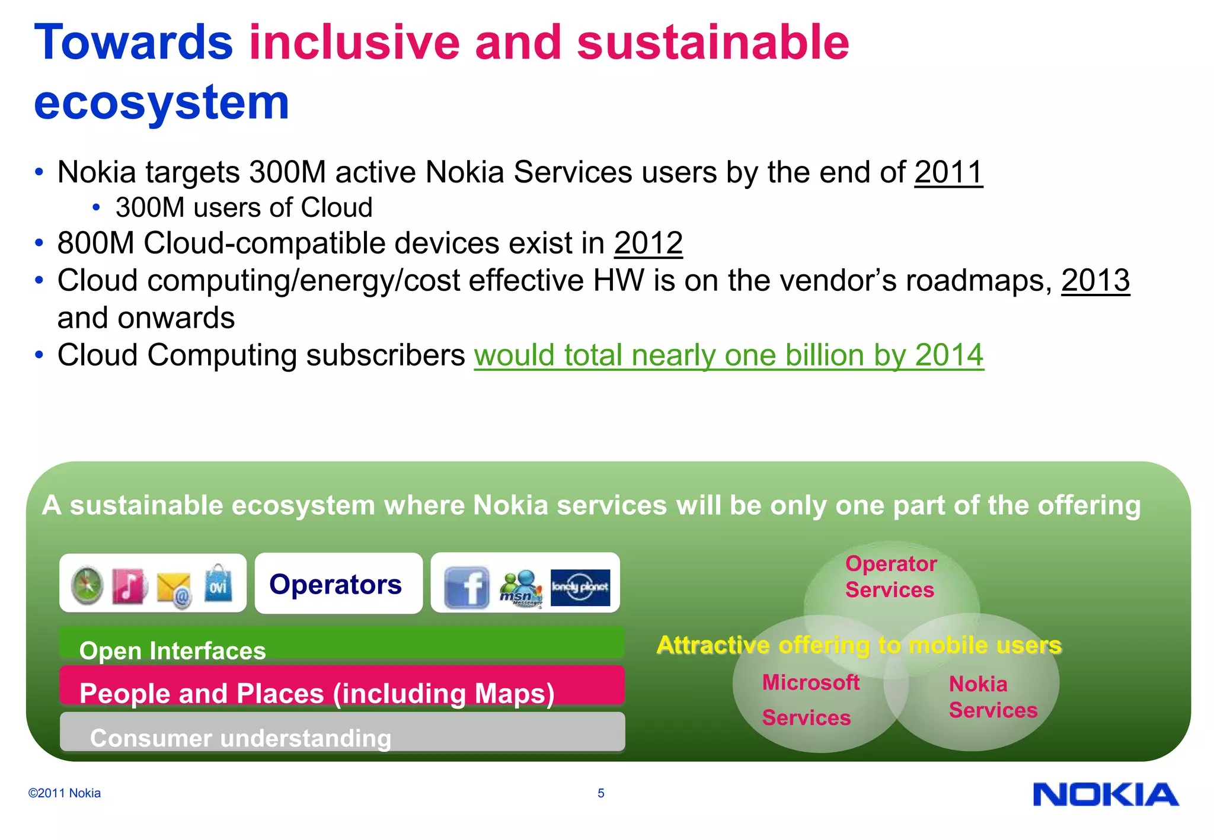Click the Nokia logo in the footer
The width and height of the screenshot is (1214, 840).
1106,794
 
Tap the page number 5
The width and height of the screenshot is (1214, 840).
600,793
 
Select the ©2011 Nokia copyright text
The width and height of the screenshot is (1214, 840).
64,793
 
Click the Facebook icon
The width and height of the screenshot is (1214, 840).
467,586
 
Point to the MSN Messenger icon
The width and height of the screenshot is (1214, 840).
520,588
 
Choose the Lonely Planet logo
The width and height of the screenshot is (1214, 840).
580,587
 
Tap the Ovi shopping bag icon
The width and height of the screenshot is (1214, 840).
218,584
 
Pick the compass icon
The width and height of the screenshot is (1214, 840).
87,585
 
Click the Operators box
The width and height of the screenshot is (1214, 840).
338,584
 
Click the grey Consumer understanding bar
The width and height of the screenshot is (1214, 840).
341,732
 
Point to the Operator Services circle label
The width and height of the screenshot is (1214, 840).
890,576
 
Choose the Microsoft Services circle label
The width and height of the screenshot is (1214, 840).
810,700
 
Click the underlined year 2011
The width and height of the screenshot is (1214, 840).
948,172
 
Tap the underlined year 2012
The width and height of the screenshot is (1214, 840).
648,243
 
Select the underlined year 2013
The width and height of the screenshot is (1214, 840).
1095,280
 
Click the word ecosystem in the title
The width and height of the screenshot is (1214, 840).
161,102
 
